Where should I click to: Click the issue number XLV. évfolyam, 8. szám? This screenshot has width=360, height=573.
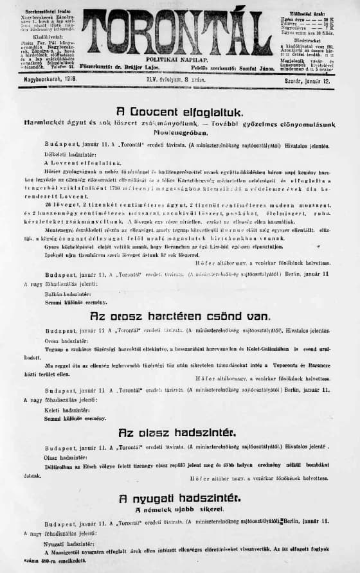[179, 79]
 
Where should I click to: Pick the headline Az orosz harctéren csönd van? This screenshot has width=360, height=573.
[179, 316]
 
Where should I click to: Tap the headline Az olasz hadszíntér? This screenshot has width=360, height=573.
[179, 432]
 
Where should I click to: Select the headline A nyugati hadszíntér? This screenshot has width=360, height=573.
[179, 498]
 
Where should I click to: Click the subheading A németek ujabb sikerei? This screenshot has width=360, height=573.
[179, 509]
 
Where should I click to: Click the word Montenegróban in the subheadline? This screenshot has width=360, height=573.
[179, 131]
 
